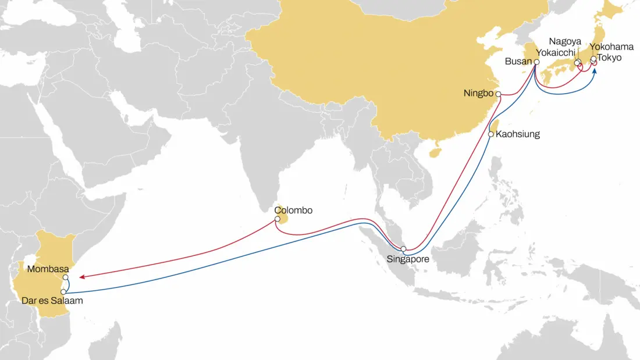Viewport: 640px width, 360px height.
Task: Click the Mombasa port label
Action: pyautogui.click(x=48, y=269)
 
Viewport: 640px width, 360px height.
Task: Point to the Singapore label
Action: pyautogui.click(x=408, y=259)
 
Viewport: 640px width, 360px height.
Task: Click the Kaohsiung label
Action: pyautogui.click(x=518, y=134)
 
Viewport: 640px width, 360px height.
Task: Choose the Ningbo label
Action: pyautogui.click(x=479, y=93)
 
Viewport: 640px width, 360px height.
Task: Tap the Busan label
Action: pyautogui.click(x=518, y=62)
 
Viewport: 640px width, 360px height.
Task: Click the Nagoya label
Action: pyautogui.click(x=564, y=42)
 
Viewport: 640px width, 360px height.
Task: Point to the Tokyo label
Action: pyautogui.click(x=610, y=58)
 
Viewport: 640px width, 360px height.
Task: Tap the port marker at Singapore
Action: pyautogui.click(x=404, y=249)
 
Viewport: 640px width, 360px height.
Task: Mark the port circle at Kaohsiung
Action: pyautogui.click(x=491, y=134)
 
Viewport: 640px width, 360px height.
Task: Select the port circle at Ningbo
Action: pyautogui.click(x=498, y=93)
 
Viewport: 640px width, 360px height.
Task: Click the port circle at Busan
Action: pyautogui.click(x=536, y=62)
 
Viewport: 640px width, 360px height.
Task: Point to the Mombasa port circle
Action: pyautogui.click(x=66, y=277)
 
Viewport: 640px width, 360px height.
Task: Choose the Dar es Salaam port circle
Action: pyautogui.click(x=63, y=291)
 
